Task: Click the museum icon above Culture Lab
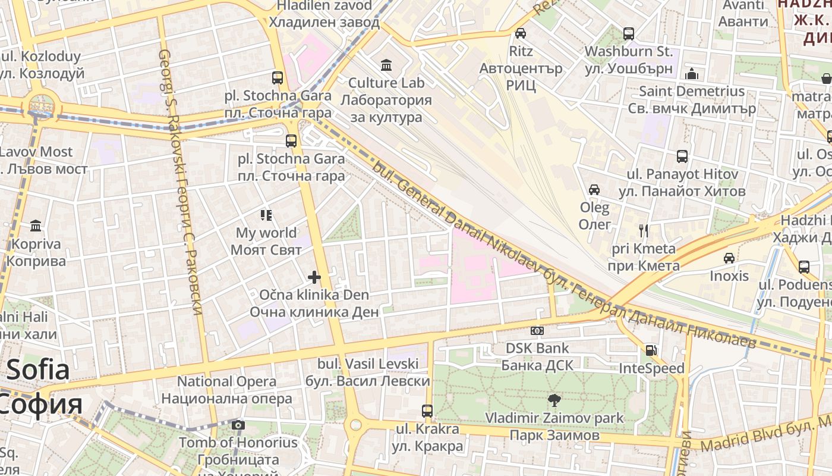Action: point(386,64)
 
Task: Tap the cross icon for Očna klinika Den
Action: point(314,277)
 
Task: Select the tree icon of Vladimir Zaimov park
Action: point(554,400)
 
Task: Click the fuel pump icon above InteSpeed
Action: point(651,350)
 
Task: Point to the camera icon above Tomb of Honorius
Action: point(238,425)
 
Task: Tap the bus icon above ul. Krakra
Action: point(427,411)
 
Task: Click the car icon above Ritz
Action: point(521,33)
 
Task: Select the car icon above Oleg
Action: point(594,190)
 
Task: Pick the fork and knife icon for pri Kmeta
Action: point(644,230)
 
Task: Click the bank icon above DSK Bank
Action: point(537,330)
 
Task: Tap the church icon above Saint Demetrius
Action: point(692,74)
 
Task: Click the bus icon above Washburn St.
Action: point(628,33)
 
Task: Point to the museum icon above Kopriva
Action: point(36,226)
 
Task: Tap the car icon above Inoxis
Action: point(729,258)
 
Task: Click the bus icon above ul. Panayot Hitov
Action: point(682,156)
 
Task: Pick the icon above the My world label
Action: point(266,215)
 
